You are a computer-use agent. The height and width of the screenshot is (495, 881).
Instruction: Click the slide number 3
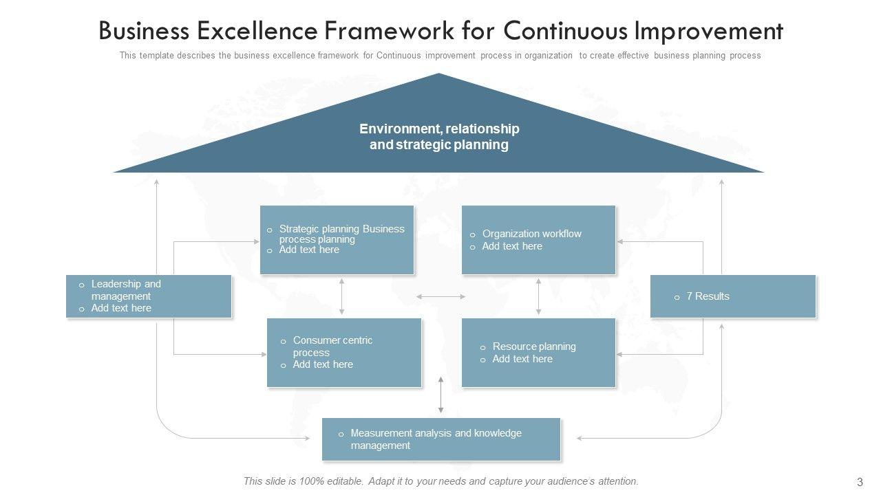[x=860, y=482]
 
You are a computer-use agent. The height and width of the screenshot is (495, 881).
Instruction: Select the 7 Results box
[x=733, y=296]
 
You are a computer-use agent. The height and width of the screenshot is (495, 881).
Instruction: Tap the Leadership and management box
[x=149, y=296]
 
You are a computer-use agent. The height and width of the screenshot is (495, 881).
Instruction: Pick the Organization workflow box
[x=538, y=239]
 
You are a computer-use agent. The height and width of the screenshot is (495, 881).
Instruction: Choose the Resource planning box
[x=538, y=352]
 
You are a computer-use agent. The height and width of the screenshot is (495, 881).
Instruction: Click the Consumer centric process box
[x=344, y=352]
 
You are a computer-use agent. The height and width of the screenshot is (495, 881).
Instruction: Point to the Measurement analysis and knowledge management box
[x=441, y=439]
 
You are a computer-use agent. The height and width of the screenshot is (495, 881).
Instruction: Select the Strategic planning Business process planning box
[x=337, y=239]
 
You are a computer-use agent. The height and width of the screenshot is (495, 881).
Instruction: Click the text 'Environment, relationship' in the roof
[x=439, y=129]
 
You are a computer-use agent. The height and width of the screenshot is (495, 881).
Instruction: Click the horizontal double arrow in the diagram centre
[x=441, y=296]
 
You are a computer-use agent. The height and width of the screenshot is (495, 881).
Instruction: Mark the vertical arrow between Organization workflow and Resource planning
[x=538, y=296]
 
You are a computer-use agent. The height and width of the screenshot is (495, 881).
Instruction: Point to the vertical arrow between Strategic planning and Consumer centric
[x=342, y=296]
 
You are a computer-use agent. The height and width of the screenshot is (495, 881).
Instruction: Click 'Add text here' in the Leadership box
[x=121, y=308]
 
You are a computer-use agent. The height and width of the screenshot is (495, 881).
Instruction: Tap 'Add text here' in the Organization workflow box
[x=512, y=246]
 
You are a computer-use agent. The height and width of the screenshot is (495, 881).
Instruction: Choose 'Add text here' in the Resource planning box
[x=522, y=359]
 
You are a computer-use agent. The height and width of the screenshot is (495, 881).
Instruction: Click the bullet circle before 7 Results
[x=677, y=297]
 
